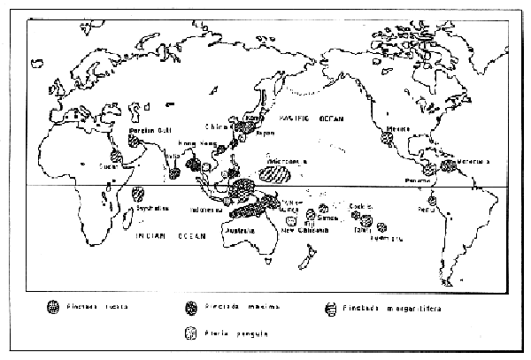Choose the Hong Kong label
pyautogui.click(x=196, y=142)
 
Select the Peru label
pyautogui.click(x=428, y=210)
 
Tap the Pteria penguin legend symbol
pyautogui.click(x=188, y=333)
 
